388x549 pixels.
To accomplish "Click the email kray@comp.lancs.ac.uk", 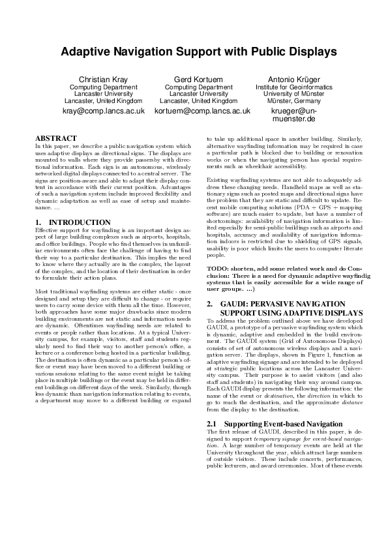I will (x=103, y=111).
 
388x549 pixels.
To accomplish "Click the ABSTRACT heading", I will (x=55, y=139).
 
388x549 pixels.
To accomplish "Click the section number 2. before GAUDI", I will (x=209, y=304).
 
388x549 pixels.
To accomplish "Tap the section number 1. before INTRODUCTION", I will (x=38, y=222).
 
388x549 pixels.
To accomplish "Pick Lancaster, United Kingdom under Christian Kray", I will (x=103, y=102).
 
